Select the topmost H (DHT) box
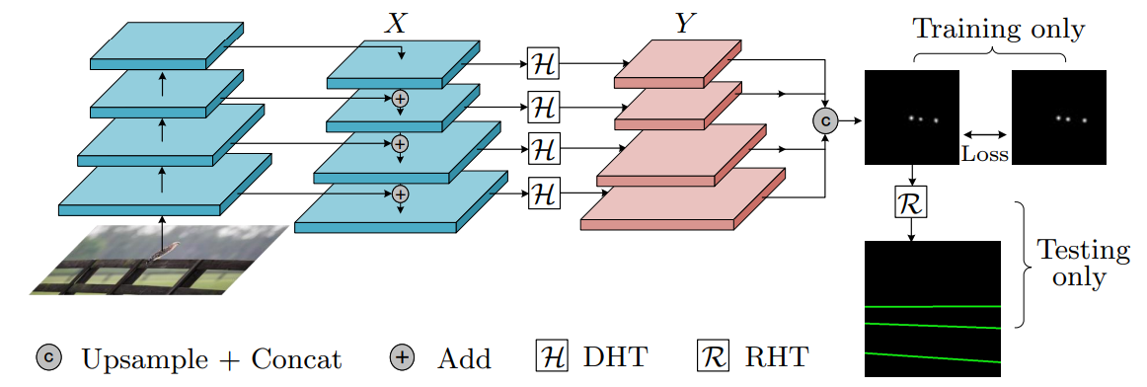tap(543, 64)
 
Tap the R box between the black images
tap(911, 202)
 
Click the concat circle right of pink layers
tap(825, 120)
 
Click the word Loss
tap(984, 154)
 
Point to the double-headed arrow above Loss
tap(984, 134)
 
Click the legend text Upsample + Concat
tap(211, 358)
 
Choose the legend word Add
tap(464, 358)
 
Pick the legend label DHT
tap(616, 358)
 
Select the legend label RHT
tap(777, 358)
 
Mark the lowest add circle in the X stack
tap(400, 193)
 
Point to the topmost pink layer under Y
tap(678, 63)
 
